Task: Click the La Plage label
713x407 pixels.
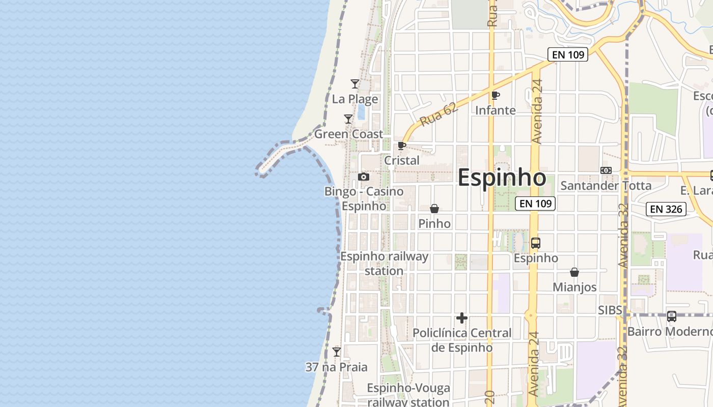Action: tap(355, 99)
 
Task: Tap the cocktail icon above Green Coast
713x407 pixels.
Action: tap(348, 119)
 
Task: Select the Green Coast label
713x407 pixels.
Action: tap(348, 134)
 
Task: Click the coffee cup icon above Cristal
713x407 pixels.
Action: tap(402, 146)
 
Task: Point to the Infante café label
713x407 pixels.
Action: tap(495, 110)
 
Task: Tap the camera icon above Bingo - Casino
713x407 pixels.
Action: tap(364, 177)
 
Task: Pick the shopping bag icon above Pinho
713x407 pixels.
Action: tap(434, 209)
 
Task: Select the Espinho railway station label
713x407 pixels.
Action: tap(384, 264)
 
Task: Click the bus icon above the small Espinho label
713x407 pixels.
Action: tap(536, 243)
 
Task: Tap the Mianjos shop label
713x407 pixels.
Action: tap(574, 287)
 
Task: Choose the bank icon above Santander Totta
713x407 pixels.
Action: tap(606, 170)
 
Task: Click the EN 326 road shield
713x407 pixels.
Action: tap(666, 209)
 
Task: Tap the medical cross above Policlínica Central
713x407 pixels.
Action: tap(462, 318)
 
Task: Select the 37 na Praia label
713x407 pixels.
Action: tap(336, 367)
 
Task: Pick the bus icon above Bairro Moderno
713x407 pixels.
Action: tap(672, 316)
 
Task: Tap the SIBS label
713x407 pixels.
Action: tap(610, 310)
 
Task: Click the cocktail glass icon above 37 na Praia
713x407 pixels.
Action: tap(337, 352)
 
